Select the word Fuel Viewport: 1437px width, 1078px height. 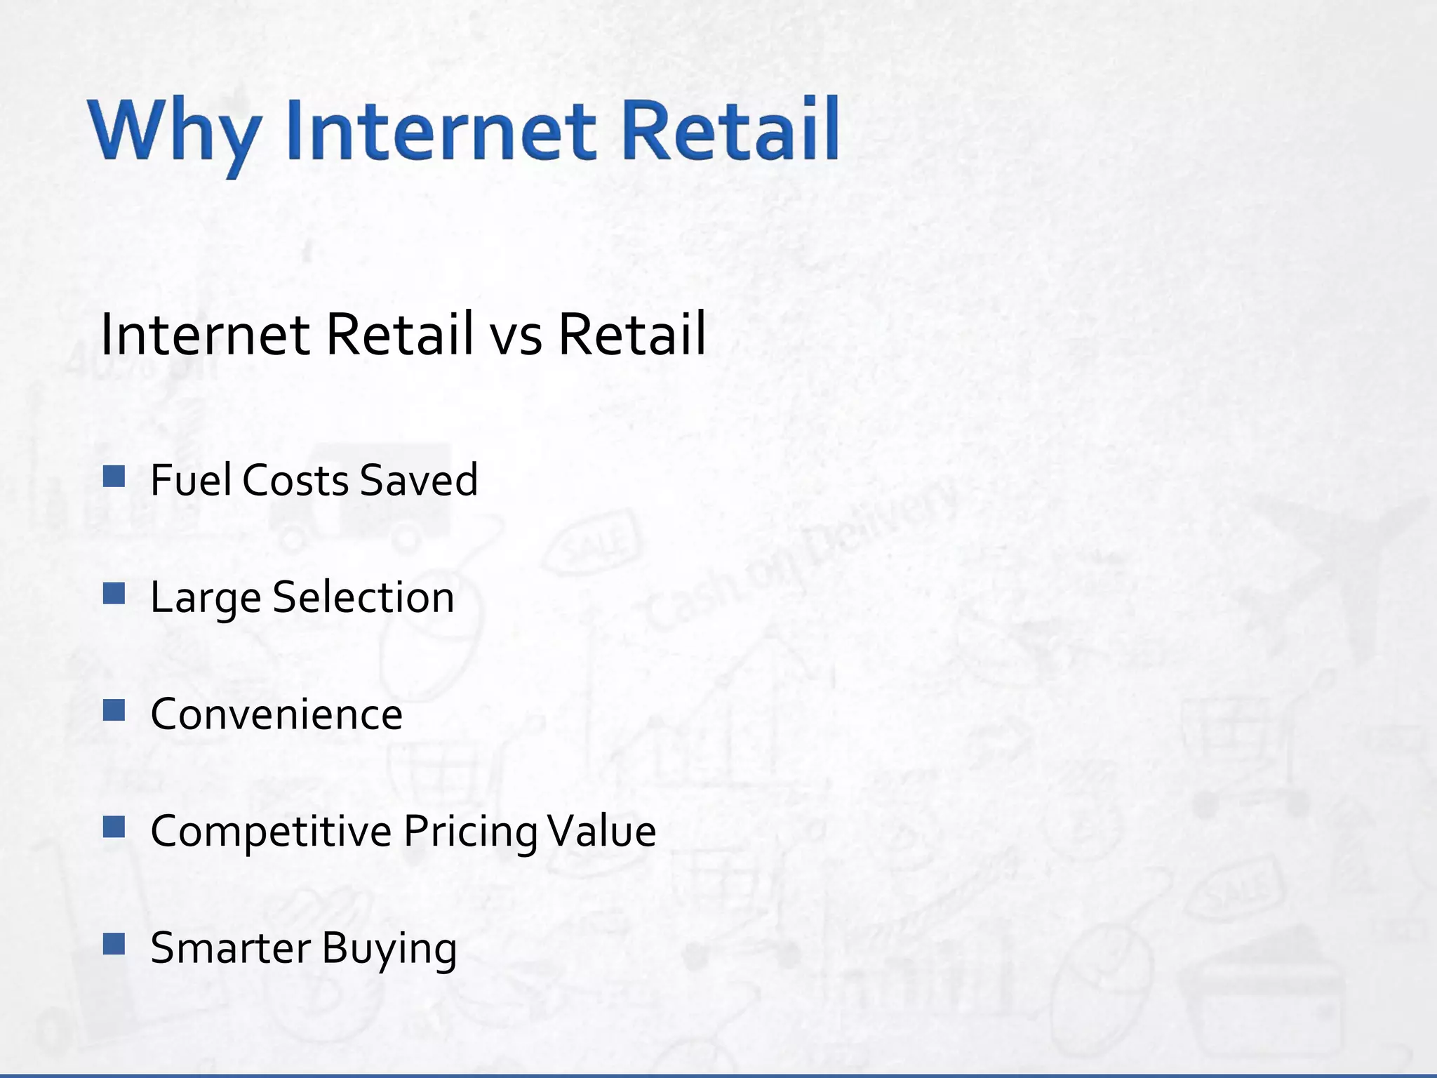point(191,480)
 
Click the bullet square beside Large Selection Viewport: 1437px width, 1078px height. point(114,594)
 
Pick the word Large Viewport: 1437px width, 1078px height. point(206,599)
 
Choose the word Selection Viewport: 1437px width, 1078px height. point(363,597)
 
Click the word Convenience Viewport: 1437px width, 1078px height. point(276,714)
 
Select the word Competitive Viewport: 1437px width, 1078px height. point(271,832)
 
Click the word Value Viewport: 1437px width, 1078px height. point(602,832)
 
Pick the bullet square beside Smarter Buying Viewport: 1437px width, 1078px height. point(114,944)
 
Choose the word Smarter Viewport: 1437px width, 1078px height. point(231,948)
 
